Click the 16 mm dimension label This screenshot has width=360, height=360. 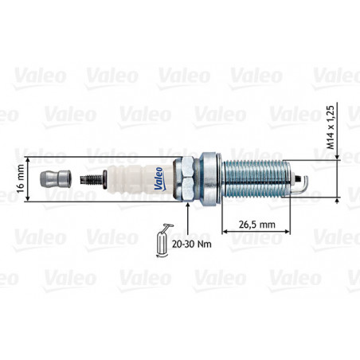click(x=21, y=178)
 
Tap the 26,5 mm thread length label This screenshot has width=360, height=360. click(x=256, y=225)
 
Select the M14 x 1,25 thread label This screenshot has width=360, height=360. click(x=330, y=127)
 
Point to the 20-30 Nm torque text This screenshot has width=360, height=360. click(x=192, y=245)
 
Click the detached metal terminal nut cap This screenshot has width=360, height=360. click(x=56, y=179)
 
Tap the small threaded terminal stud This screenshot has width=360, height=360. click(x=93, y=180)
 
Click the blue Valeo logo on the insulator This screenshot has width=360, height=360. click(x=159, y=178)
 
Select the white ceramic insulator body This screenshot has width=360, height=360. click(x=140, y=180)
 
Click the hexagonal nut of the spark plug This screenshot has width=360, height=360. click(x=187, y=179)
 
